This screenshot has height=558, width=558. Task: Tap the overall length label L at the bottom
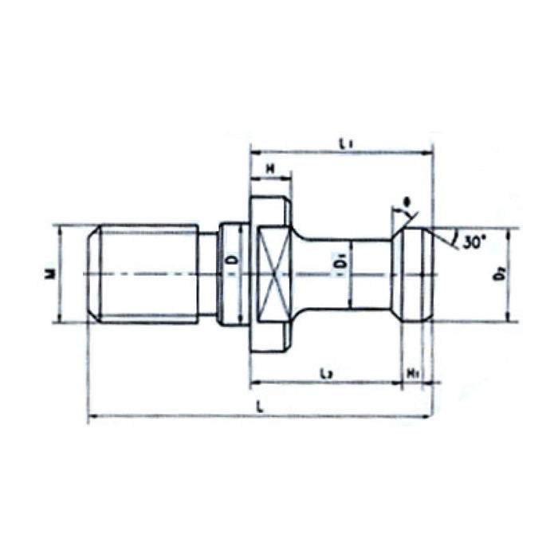261,406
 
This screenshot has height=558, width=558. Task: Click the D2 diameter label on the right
498,275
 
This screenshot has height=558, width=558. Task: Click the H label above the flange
270,168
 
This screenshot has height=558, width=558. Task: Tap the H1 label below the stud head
414,373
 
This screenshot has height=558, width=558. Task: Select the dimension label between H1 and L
325,373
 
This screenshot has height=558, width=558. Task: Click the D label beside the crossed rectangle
232,261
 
